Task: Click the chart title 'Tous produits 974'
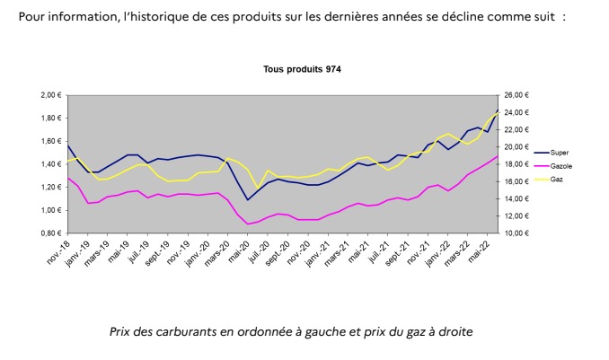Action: click(302, 69)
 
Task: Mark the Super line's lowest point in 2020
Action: click(248, 199)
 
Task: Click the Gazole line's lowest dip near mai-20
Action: click(248, 224)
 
